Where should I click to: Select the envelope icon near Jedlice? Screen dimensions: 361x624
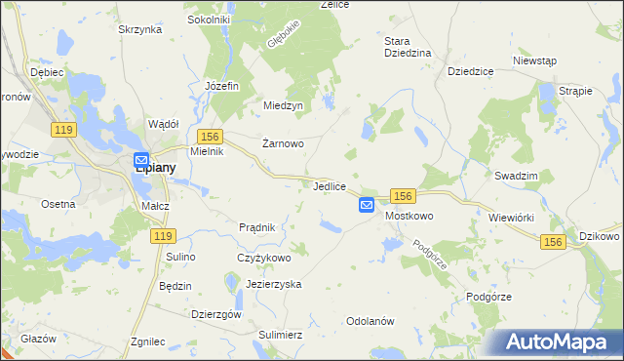[367, 204]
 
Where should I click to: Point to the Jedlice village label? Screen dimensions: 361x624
[331, 185]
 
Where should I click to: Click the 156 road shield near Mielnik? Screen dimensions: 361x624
[210, 137]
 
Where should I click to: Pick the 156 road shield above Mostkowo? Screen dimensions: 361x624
[405, 196]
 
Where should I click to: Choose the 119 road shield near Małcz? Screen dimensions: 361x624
[162, 236]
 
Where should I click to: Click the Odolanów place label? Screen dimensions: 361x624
[370, 321]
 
